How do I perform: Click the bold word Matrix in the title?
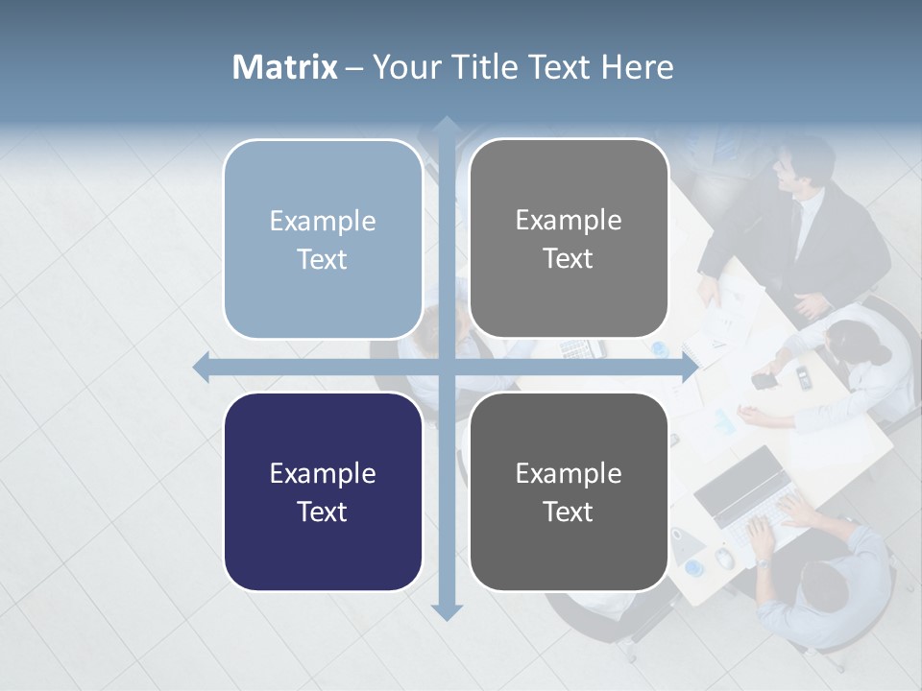(285, 67)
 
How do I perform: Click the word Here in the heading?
(637, 67)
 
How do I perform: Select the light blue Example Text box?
(323, 239)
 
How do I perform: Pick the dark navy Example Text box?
(323, 492)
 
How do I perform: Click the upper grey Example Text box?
(569, 239)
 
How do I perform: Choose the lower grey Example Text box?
(569, 492)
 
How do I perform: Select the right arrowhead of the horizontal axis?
(689, 367)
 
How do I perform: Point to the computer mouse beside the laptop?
(725, 557)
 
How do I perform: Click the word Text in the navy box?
(323, 512)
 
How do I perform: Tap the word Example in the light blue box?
(323, 221)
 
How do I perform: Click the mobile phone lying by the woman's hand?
(764, 380)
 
